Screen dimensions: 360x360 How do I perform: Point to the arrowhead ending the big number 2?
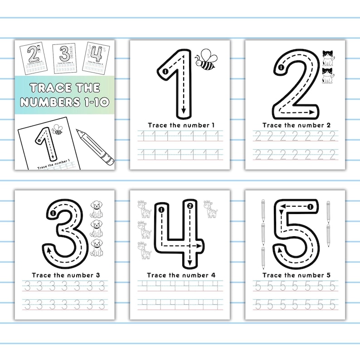pos(312,111)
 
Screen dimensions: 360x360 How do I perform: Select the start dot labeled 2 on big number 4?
pos(190,207)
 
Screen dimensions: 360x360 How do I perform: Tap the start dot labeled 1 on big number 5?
pos(311,207)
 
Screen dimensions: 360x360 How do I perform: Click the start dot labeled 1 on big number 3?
pos(53,212)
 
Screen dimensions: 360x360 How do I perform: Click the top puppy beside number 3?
pos(96,208)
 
